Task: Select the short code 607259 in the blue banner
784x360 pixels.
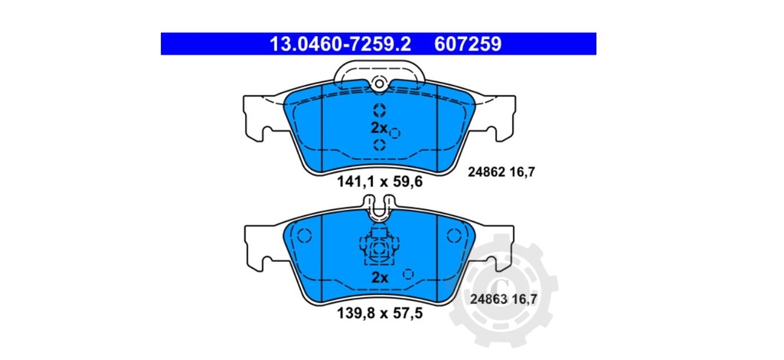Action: click(468, 44)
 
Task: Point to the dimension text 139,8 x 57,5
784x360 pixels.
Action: click(380, 313)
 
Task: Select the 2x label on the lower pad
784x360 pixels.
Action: click(380, 277)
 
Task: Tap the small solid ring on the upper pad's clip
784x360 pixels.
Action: click(377, 85)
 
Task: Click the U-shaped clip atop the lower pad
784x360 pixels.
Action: click(379, 207)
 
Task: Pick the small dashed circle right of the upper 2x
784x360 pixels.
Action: click(395, 133)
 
